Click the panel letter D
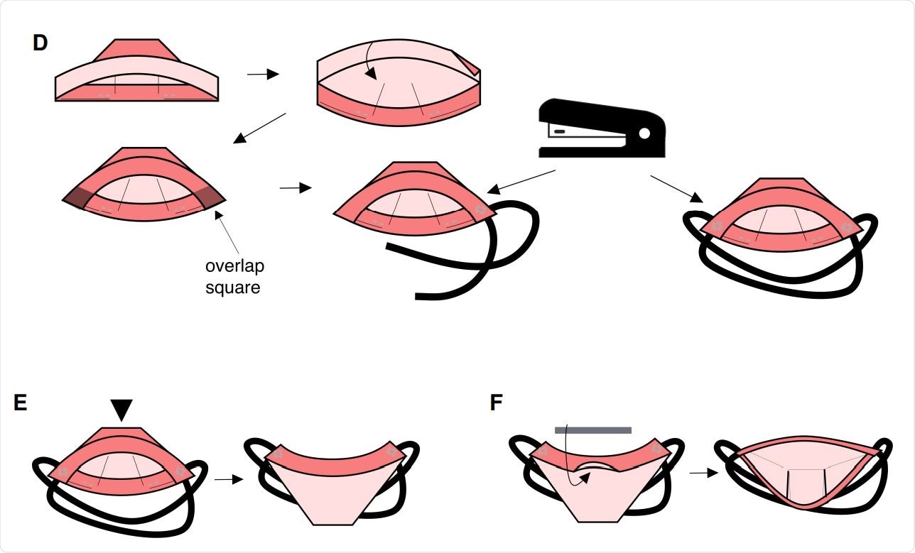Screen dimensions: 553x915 40,43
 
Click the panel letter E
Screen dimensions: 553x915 21,403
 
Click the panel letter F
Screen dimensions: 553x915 497,403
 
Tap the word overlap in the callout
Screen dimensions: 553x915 234,267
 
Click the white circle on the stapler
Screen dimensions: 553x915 644,133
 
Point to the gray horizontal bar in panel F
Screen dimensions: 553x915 592,429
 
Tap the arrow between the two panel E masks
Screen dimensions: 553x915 224,480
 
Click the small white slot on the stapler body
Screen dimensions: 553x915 560,131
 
